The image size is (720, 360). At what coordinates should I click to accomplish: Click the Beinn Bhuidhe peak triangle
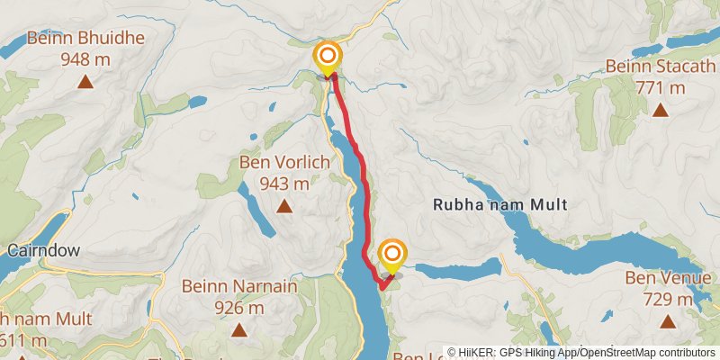[85, 82]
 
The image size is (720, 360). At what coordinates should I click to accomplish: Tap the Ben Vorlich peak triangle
[284, 206]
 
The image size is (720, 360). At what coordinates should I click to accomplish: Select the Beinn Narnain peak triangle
[238, 330]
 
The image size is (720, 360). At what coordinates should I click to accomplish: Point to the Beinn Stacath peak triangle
[660, 111]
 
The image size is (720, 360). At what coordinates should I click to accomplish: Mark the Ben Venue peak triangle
[668, 321]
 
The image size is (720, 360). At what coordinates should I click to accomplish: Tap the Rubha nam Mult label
[500, 204]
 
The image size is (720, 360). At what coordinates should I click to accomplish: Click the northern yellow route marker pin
[328, 58]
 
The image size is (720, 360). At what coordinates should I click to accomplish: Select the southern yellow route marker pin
[392, 253]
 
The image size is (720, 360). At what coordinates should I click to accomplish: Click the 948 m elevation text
[85, 59]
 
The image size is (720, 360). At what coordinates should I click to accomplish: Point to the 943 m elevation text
[284, 184]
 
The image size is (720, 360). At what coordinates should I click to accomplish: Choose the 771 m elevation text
[659, 88]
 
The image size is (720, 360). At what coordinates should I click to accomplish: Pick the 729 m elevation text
[668, 299]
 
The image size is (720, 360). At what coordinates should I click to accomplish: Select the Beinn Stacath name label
[659, 67]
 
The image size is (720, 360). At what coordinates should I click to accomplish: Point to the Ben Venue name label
[668, 278]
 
